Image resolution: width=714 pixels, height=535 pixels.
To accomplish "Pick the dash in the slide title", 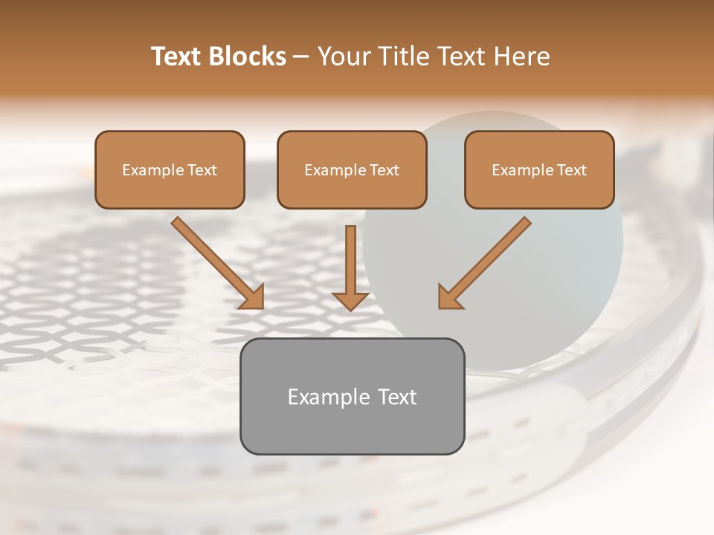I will (x=301, y=57).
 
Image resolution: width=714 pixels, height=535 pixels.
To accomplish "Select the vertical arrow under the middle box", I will (x=351, y=260).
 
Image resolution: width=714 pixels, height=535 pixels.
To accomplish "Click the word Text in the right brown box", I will (x=571, y=170).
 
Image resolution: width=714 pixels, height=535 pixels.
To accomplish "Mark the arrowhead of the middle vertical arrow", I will (x=351, y=300).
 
